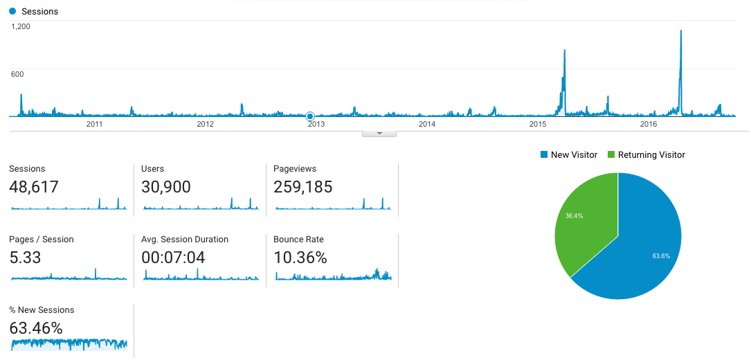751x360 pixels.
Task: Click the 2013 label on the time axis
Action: (x=316, y=124)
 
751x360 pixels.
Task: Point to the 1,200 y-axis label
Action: (x=20, y=26)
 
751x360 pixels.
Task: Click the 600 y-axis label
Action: (x=17, y=74)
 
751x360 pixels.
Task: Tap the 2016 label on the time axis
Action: (x=649, y=124)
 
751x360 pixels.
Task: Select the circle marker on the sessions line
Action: (x=310, y=116)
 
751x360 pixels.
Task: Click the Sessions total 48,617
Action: (x=34, y=187)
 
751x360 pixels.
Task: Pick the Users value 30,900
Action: (x=165, y=187)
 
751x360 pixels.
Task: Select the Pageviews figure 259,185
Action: (x=302, y=187)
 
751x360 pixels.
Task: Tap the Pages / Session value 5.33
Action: (x=25, y=258)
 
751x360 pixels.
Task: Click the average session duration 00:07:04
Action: (x=173, y=258)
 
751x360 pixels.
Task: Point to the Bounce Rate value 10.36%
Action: (x=300, y=258)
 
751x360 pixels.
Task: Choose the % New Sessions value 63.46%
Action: (x=36, y=328)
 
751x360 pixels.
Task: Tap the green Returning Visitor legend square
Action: (x=611, y=155)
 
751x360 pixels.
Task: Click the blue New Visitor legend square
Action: (x=544, y=155)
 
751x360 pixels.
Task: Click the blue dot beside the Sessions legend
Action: (x=12, y=12)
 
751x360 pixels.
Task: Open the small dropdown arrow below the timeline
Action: (x=379, y=133)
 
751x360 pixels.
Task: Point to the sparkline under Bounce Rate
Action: (x=333, y=276)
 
